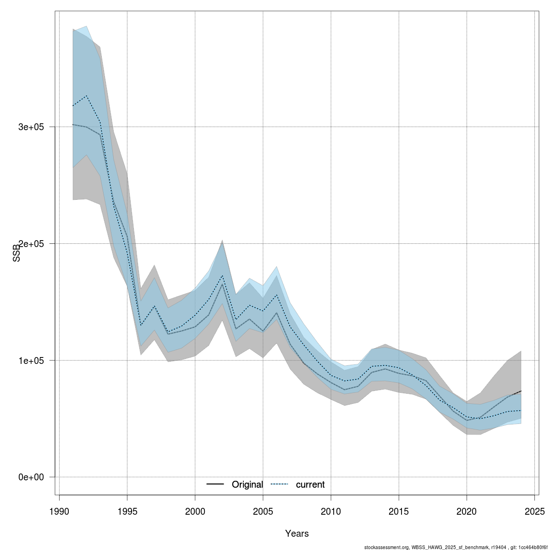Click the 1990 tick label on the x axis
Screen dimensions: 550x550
[59, 511]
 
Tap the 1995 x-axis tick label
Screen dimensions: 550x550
[127, 511]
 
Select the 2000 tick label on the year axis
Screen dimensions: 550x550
[195, 511]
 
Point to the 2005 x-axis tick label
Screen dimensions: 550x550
[263, 511]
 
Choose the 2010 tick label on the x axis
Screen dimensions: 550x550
[331, 511]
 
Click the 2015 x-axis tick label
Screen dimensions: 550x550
[399, 511]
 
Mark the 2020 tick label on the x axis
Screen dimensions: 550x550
[467, 511]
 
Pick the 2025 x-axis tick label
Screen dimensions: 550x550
[534, 511]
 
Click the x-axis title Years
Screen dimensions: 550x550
[297, 533]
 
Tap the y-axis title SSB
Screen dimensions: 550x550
[17, 252]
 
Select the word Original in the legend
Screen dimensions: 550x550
[247, 484]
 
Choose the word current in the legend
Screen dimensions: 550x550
[310, 484]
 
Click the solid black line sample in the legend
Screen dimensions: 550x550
[215, 484]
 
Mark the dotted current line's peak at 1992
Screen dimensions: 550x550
[86, 96]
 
